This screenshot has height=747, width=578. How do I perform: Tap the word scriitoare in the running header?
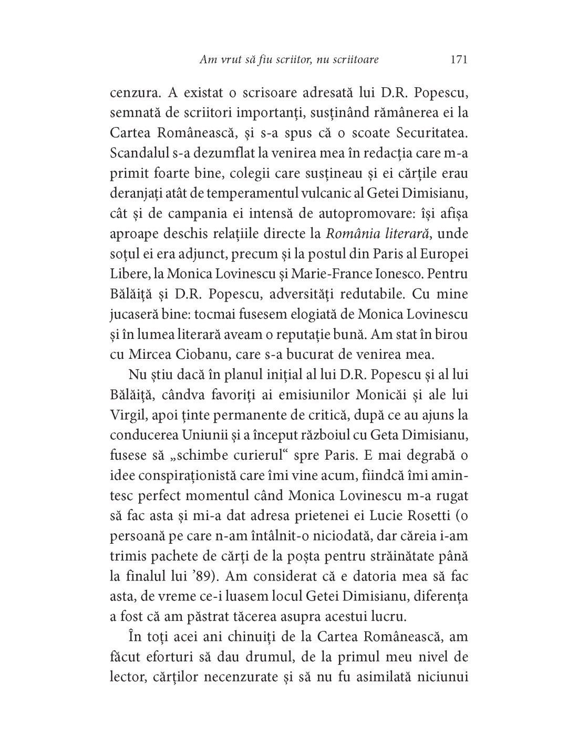353,60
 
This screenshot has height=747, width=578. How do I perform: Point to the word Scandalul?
137,153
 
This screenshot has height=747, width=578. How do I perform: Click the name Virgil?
126,414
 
